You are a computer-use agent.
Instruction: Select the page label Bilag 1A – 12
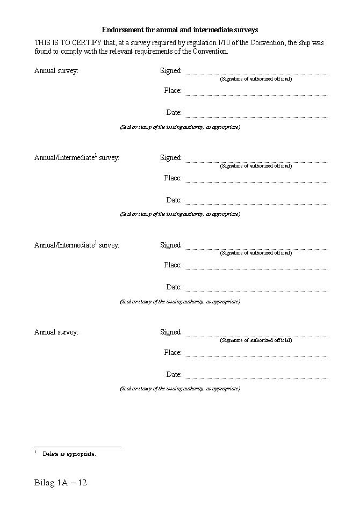tap(60, 483)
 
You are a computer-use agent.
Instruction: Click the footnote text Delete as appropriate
tap(69, 454)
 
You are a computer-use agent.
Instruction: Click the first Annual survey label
tap(56, 70)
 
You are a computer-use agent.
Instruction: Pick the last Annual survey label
tap(56, 332)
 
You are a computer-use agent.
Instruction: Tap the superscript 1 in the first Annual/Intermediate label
tap(96, 155)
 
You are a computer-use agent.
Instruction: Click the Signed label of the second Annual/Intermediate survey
tap(171, 245)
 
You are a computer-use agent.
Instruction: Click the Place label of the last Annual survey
tap(173, 352)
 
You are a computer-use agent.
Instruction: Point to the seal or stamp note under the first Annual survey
tap(180, 127)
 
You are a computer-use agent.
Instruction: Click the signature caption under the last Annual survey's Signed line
tap(256, 340)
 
